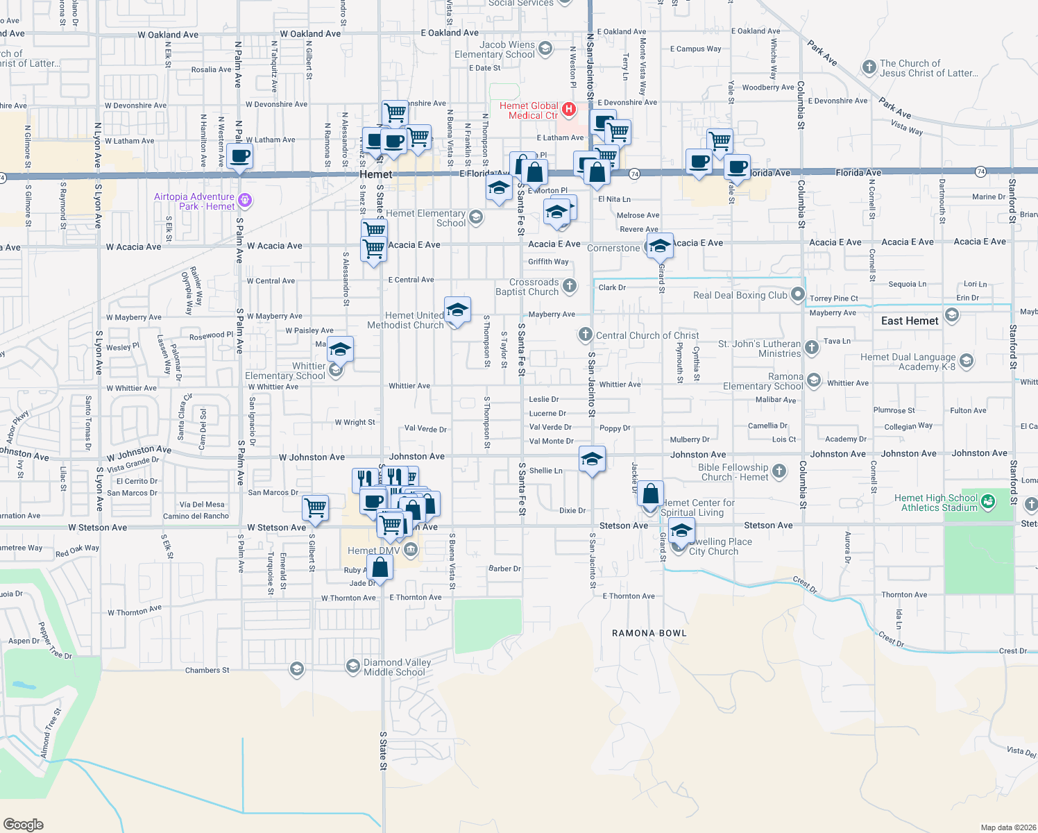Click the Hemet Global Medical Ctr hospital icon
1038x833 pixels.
[x=569, y=109]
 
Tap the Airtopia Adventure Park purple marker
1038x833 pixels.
[x=244, y=201]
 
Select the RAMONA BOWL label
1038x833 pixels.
[x=649, y=633]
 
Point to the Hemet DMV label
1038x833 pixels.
[x=373, y=550]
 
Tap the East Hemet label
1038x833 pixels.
[x=910, y=321]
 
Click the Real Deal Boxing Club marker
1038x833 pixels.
[x=798, y=295]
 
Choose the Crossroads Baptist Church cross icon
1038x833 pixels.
[x=569, y=285]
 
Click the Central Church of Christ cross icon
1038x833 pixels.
[x=585, y=335]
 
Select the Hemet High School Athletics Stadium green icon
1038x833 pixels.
[x=988, y=500]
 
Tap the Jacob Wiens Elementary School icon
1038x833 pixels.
[x=545, y=48]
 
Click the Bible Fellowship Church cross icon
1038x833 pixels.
[x=779, y=471]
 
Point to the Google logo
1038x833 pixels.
[x=24, y=824]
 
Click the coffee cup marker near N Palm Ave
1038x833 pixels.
[x=239, y=156]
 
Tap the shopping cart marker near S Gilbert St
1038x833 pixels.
[x=316, y=507]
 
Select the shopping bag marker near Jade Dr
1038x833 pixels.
[x=380, y=566]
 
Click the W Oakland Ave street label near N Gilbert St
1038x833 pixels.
[x=310, y=34]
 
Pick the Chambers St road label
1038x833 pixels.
[x=207, y=670]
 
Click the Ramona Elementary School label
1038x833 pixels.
[x=763, y=381]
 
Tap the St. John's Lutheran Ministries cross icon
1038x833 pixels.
[x=812, y=345]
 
